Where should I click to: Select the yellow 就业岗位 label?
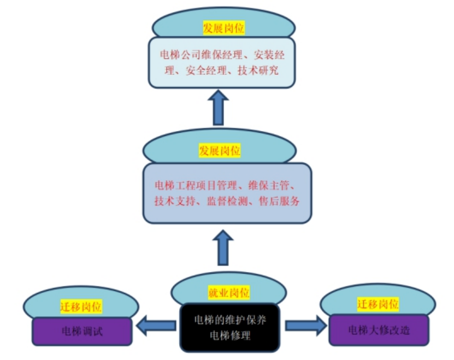[x=229, y=293]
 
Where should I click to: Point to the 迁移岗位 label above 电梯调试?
[x=81, y=306]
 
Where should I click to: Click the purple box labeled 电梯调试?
[x=82, y=331]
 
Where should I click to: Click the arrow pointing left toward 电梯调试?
[x=156, y=326]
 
